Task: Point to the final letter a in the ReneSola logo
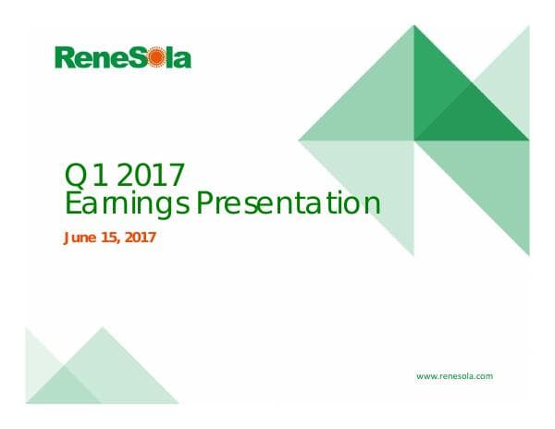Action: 183,60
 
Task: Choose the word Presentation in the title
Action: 296,202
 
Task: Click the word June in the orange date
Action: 79,238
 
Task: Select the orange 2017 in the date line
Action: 139,238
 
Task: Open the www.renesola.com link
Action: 454,376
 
